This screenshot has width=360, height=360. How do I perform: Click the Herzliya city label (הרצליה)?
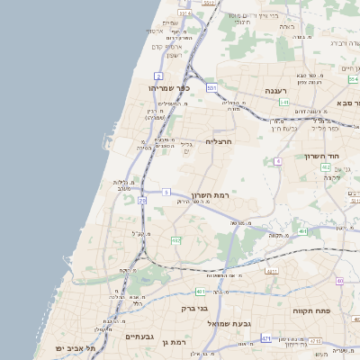tap(219, 141)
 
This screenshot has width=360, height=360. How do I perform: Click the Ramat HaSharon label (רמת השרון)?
tap(212, 195)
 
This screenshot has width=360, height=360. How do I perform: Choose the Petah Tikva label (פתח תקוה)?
tap(312, 310)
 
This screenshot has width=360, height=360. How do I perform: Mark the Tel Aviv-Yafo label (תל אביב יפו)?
tap(61, 347)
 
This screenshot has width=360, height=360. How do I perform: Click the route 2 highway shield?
tap(158, 76)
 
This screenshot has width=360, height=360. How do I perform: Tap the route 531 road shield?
tap(211, 87)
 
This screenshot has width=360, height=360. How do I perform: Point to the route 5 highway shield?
tap(166, 192)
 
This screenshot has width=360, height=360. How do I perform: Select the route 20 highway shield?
tap(142, 201)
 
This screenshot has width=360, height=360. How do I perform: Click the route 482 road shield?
tap(175, 241)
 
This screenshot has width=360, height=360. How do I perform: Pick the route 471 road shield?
tap(266, 337)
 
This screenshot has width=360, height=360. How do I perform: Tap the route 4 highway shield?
tap(279, 160)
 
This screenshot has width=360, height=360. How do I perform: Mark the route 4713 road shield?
tap(315, 342)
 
